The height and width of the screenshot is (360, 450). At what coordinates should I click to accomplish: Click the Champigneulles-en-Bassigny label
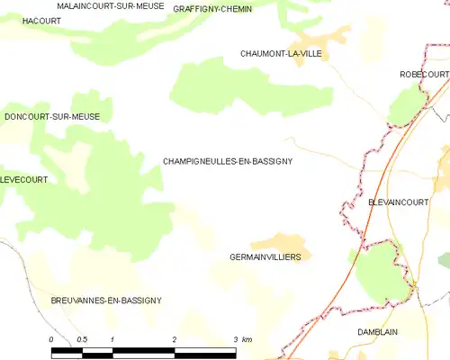pos(228,161)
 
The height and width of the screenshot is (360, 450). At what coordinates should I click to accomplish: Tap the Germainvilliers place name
pos(265,256)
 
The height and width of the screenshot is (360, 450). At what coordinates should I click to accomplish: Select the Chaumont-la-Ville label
pos(281,54)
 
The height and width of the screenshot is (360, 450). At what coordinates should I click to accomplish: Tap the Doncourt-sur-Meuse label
pos(52,117)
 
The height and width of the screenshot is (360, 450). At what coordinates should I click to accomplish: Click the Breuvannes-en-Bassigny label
pos(106,301)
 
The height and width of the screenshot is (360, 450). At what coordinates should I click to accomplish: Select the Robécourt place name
pos(424,75)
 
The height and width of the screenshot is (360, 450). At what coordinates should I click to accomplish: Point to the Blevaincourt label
pos(398,203)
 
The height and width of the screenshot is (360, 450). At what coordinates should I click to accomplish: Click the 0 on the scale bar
pos(52,338)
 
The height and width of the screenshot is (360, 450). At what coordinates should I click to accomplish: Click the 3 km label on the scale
pos(240,338)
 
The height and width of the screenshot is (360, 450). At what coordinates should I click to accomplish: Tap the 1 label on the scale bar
pos(112,338)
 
